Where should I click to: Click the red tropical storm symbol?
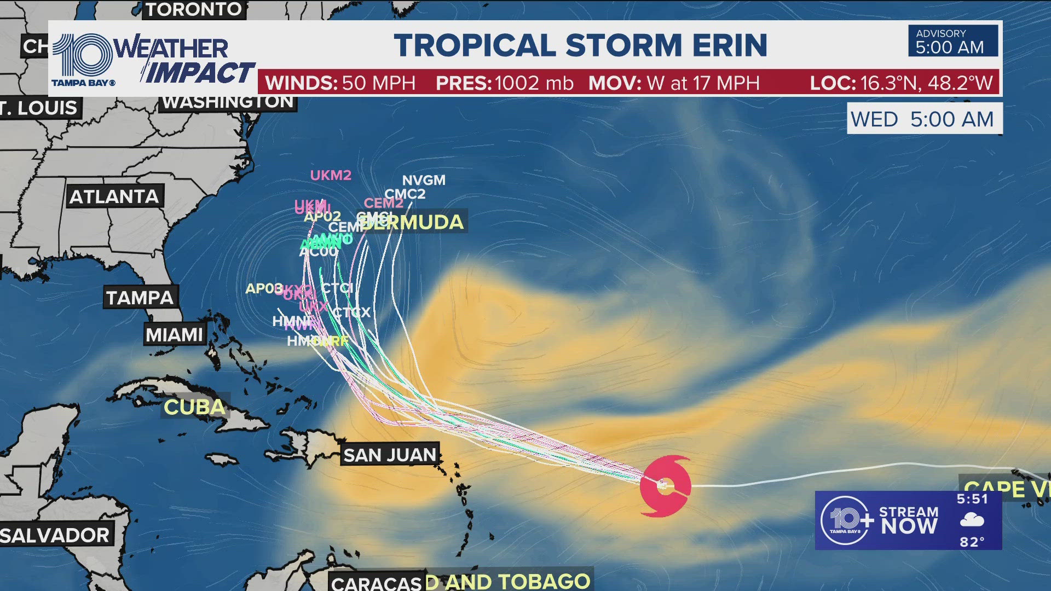point(665,485)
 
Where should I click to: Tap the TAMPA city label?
point(140,298)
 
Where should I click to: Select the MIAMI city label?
point(174,334)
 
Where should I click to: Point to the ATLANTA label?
point(114,197)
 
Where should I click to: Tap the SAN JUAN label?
point(390,455)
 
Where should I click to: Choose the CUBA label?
point(194,407)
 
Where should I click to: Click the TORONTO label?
point(194,9)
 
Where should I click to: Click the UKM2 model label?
point(331,175)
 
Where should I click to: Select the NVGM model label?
point(424,180)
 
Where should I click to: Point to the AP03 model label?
point(264,288)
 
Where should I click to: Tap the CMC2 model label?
point(405,194)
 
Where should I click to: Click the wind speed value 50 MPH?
point(378,83)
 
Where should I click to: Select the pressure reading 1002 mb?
point(534,83)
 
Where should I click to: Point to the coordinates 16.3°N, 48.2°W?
point(926,83)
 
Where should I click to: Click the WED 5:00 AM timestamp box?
point(924,119)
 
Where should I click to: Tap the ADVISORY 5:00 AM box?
point(952,42)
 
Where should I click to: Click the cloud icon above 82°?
point(972,520)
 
